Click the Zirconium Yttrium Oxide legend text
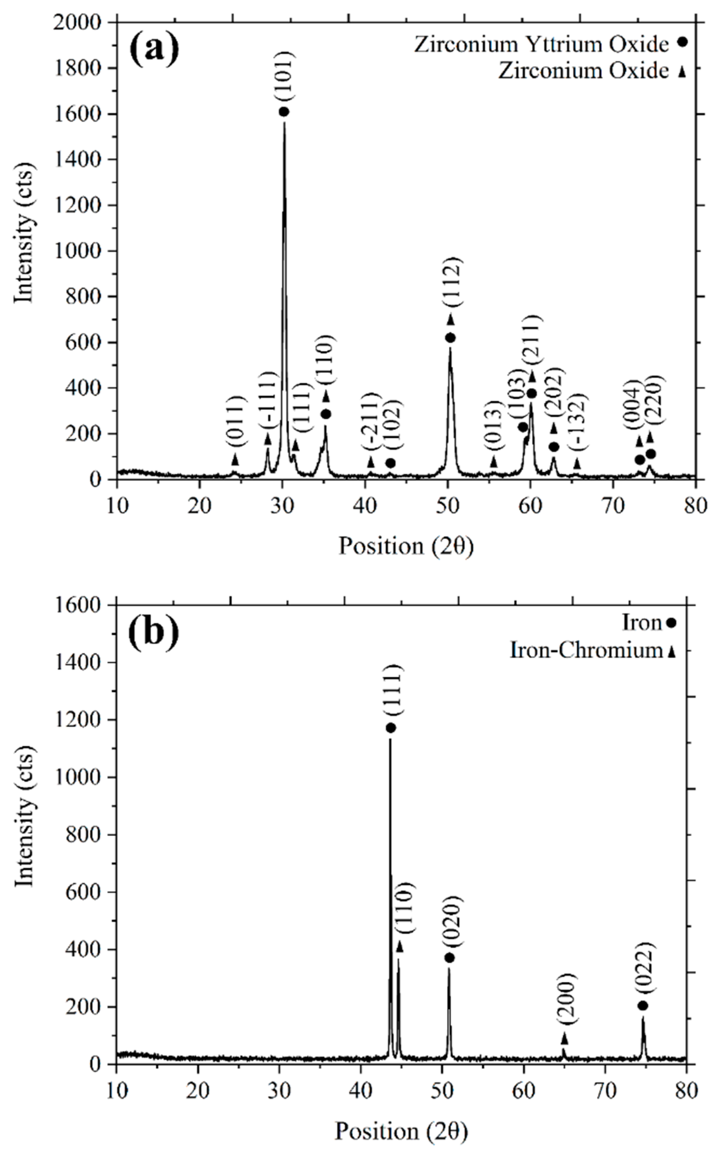point(541,45)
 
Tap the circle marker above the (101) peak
point(284,111)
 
